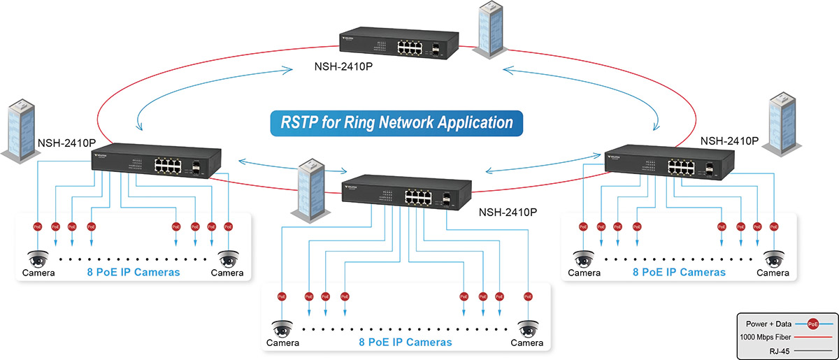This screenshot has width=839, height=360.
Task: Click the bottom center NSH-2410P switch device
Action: pos(407,193)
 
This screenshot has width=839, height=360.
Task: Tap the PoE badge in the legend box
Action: pos(812,324)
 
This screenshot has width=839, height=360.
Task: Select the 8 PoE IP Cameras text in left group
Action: pos(133,273)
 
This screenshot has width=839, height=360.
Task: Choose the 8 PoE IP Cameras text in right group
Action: pos(679,273)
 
